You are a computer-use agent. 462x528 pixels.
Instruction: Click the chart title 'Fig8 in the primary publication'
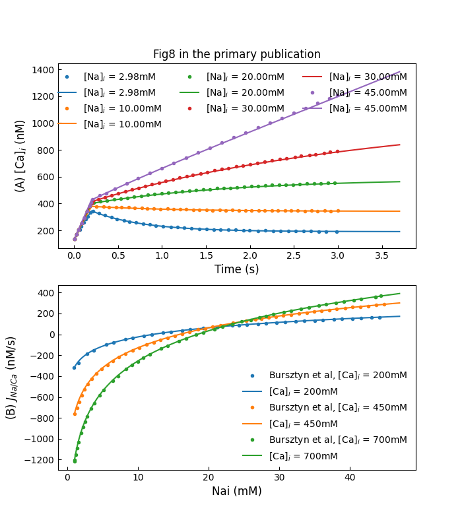236,55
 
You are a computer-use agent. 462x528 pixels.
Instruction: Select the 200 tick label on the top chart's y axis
46,230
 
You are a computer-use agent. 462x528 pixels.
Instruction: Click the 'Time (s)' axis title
236,269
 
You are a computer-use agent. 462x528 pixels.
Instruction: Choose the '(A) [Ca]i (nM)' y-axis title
20,156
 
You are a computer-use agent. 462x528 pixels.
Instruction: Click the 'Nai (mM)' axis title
236,491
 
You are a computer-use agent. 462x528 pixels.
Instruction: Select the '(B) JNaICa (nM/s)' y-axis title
11,378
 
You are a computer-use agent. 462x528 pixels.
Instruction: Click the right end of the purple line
400,71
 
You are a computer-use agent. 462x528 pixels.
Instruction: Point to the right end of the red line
400,145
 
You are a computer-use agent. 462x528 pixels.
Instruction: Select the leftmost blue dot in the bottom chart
74,368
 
